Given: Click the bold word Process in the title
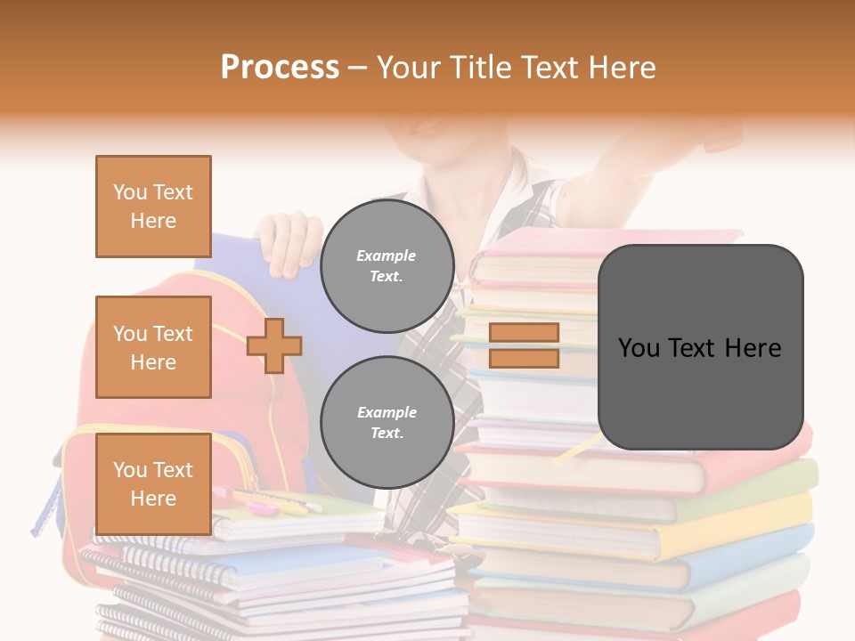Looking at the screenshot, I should (280, 68).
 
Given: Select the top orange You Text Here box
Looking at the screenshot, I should (153, 207).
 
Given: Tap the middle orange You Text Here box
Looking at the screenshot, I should (153, 347).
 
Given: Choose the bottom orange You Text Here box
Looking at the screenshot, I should (153, 484).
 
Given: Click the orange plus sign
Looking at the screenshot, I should (274, 345).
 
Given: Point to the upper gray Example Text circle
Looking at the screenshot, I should (387, 265).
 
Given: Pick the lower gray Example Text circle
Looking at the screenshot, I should (387, 422).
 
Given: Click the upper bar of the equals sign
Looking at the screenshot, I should (524, 332).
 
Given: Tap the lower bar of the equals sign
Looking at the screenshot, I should (524, 358).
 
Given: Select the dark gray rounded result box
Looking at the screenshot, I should (700, 347).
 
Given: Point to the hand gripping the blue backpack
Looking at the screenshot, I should (287, 240).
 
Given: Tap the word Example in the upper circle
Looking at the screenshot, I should (387, 256).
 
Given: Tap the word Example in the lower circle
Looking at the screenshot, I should (387, 412).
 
